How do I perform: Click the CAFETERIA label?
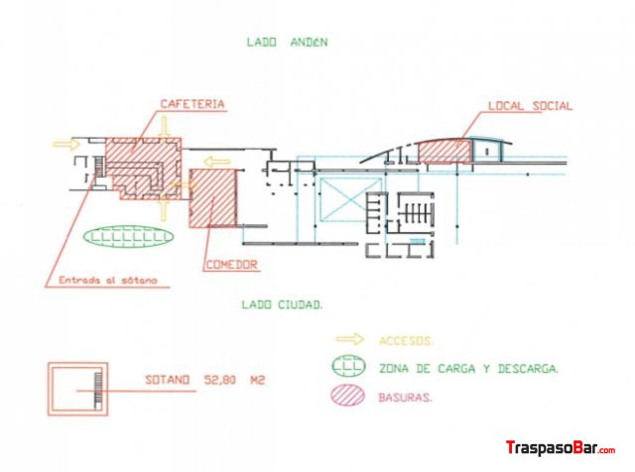point(192,104)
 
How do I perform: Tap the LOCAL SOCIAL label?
point(530,106)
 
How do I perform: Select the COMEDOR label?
point(232,265)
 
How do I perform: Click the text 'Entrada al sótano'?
point(108,280)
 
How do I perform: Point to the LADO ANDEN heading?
point(287,42)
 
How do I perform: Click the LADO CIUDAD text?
point(282,304)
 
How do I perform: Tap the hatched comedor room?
point(213,198)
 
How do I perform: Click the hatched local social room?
point(445,151)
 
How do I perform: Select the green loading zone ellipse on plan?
point(128,236)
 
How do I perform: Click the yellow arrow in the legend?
point(350,339)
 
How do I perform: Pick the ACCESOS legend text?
point(406,341)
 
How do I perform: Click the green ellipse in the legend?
point(348,366)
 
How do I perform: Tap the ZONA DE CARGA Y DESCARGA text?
point(469,369)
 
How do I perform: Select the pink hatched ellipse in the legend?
point(348,395)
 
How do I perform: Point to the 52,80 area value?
point(219,380)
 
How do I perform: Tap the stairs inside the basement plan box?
point(98,388)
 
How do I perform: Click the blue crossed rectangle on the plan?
point(350,199)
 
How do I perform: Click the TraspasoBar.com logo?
point(561,448)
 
